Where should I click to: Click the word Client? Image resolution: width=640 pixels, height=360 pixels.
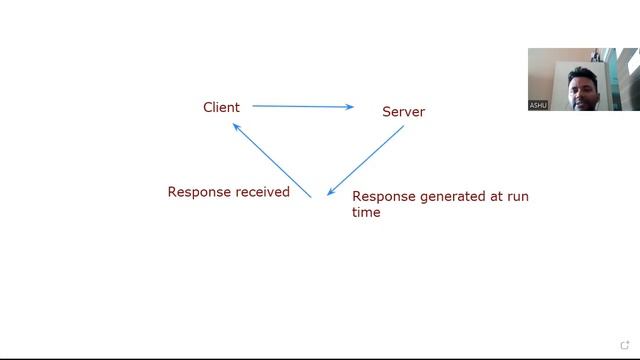[x=221, y=107]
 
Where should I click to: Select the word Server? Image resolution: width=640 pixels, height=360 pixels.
[x=403, y=111]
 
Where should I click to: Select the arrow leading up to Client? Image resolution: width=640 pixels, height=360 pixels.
[x=271, y=160]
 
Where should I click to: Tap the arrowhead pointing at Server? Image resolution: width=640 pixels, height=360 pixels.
[x=350, y=107]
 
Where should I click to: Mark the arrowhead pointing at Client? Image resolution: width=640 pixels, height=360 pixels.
[x=236, y=126]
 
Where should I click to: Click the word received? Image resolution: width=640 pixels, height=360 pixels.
[x=262, y=192]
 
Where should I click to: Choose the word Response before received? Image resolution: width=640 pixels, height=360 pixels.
[x=199, y=192]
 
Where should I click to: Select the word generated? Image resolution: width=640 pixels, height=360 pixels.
[x=451, y=196]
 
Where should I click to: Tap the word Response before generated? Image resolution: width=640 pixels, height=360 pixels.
[x=384, y=196]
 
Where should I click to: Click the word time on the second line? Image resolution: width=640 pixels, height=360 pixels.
[x=366, y=212]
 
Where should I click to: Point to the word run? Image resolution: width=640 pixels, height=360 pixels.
[x=518, y=196]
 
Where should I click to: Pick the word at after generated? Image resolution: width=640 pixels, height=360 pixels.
[x=495, y=196]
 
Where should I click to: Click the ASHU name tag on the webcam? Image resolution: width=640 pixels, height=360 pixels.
[x=538, y=105]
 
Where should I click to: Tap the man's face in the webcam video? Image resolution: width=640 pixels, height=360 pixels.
[x=581, y=88]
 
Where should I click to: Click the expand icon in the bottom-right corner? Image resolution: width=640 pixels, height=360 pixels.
[x=626, y=346]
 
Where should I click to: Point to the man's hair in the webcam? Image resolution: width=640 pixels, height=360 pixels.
[x=582, y=71]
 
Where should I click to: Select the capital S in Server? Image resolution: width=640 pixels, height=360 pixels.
[x=387, y=111]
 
